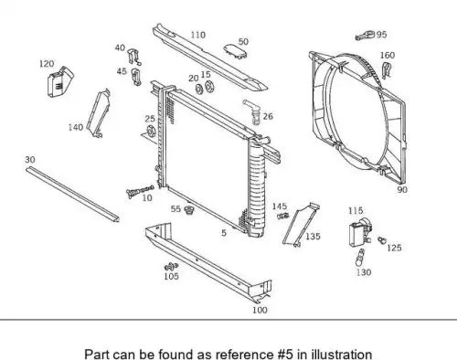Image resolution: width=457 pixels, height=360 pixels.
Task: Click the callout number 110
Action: point(198,35)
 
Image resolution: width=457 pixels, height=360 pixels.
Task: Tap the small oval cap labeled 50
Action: point(236,51)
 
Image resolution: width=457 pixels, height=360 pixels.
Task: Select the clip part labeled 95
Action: point(365,36)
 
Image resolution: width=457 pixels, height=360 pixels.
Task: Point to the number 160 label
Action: point(388,55)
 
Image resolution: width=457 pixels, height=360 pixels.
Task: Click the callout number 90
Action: point(402,189)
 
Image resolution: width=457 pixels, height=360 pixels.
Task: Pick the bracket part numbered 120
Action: point(60,81)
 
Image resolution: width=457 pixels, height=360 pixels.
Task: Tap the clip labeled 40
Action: point(133,57)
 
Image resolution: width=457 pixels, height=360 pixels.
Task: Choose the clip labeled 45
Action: point(136,77)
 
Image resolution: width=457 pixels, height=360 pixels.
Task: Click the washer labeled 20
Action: point(199,89)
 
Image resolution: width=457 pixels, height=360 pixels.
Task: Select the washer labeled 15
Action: point(209,87)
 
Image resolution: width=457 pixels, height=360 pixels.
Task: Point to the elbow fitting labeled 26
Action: point(252,111)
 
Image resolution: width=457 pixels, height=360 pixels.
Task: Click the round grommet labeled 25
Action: point(151,132)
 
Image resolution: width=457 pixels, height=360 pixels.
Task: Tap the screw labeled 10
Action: point(140,191)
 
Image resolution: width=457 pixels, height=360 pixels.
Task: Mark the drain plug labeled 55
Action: point(189,210)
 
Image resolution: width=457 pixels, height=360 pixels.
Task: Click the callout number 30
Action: point(30,160)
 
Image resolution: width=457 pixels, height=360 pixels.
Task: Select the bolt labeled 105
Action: point(171,267)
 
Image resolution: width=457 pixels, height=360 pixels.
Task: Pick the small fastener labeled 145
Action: point(283,216)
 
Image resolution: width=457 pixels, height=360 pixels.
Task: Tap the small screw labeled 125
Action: point(381,240)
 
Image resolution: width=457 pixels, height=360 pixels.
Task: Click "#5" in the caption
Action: point(285,355)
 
